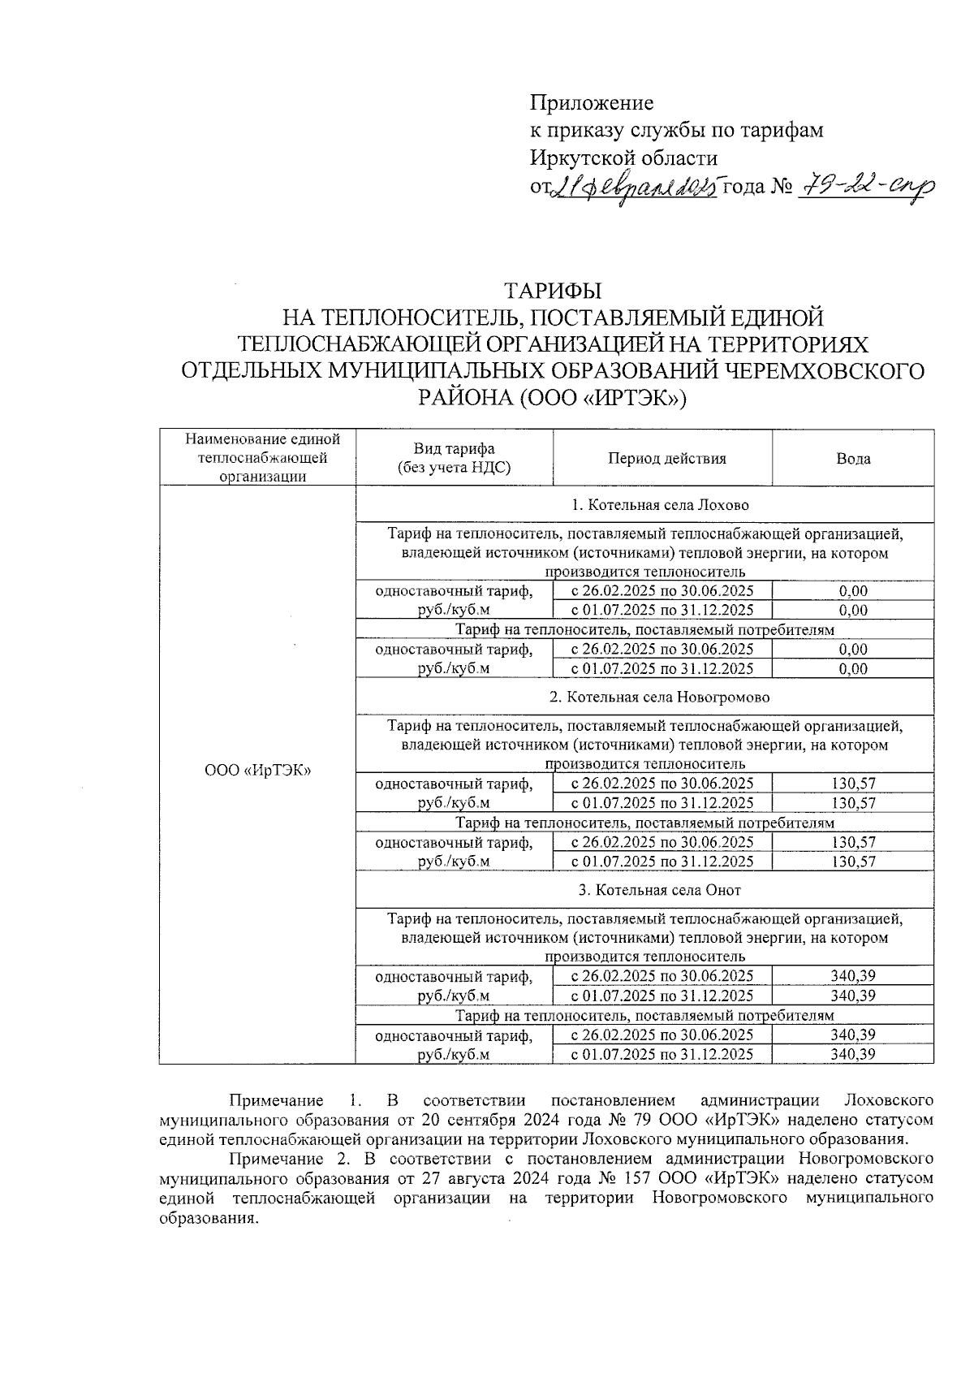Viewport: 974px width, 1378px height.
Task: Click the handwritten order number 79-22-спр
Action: click(867, 188)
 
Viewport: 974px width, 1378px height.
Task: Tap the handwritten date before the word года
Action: click(634, 188)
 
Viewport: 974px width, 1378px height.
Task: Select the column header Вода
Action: click(853, 459)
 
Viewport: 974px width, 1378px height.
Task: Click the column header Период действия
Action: click(666, 459)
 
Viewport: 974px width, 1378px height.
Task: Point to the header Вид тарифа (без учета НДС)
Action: click(454, 459)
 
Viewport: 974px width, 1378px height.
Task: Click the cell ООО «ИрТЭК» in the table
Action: click(257, 771)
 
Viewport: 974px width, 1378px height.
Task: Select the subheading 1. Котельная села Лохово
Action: click(659, 505)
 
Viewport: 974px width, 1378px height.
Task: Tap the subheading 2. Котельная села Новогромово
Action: click(659, 698)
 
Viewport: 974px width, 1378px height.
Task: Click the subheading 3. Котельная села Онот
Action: click(659, 890)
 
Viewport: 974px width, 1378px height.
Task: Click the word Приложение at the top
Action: click(591, 103)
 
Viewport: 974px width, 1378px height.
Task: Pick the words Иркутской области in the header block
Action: click(623, 158)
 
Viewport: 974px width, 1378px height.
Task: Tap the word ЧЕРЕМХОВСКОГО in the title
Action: click(822, 371)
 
